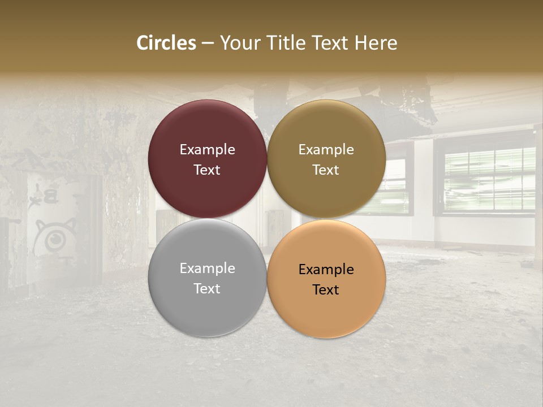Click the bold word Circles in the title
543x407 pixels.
[x=166, y=43]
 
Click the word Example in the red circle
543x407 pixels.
[x=207, y=150]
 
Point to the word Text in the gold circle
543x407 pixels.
[x=326, y=170]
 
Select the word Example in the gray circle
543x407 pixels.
[x=207, y=269]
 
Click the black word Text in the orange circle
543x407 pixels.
[x=326, y=290]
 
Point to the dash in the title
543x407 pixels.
[x=208, y=44]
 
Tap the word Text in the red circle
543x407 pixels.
[x=207, y=170]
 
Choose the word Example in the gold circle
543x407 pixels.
[x=326, y=150]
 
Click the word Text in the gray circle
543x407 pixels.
[x=207, y=289]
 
